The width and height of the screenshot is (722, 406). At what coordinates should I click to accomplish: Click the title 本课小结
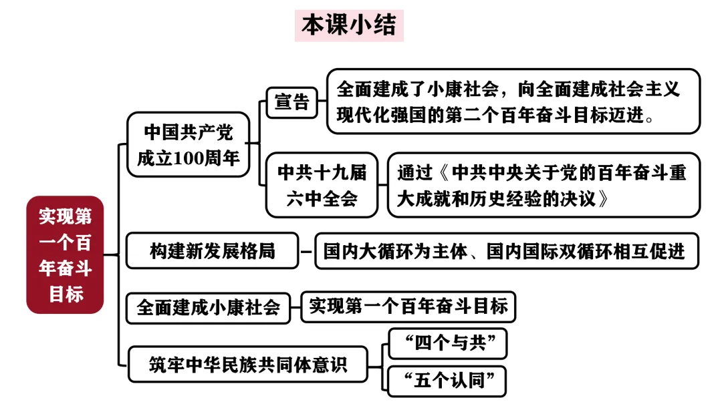[349, 25]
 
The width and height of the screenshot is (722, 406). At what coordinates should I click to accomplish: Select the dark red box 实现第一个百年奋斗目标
[65, 254]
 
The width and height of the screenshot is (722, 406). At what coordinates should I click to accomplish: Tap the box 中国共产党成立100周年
[188, 144]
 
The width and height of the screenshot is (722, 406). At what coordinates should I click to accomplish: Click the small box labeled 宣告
[292, 102]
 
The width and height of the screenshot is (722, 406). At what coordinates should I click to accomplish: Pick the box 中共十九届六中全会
[322, 185]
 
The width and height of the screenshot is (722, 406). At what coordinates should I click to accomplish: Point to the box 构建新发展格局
[212, 251]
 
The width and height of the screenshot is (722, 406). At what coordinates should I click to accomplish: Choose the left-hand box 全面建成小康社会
[208, 307]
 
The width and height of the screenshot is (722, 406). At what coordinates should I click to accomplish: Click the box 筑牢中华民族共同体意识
[247, 364]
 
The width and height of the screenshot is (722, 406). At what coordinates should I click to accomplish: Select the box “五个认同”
[447, 381]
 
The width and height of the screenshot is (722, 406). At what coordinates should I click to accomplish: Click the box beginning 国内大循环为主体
[505, 251]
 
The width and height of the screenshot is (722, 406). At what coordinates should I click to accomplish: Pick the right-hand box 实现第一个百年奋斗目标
[408, 307]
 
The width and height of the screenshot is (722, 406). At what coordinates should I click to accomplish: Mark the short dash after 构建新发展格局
[306, 252]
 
